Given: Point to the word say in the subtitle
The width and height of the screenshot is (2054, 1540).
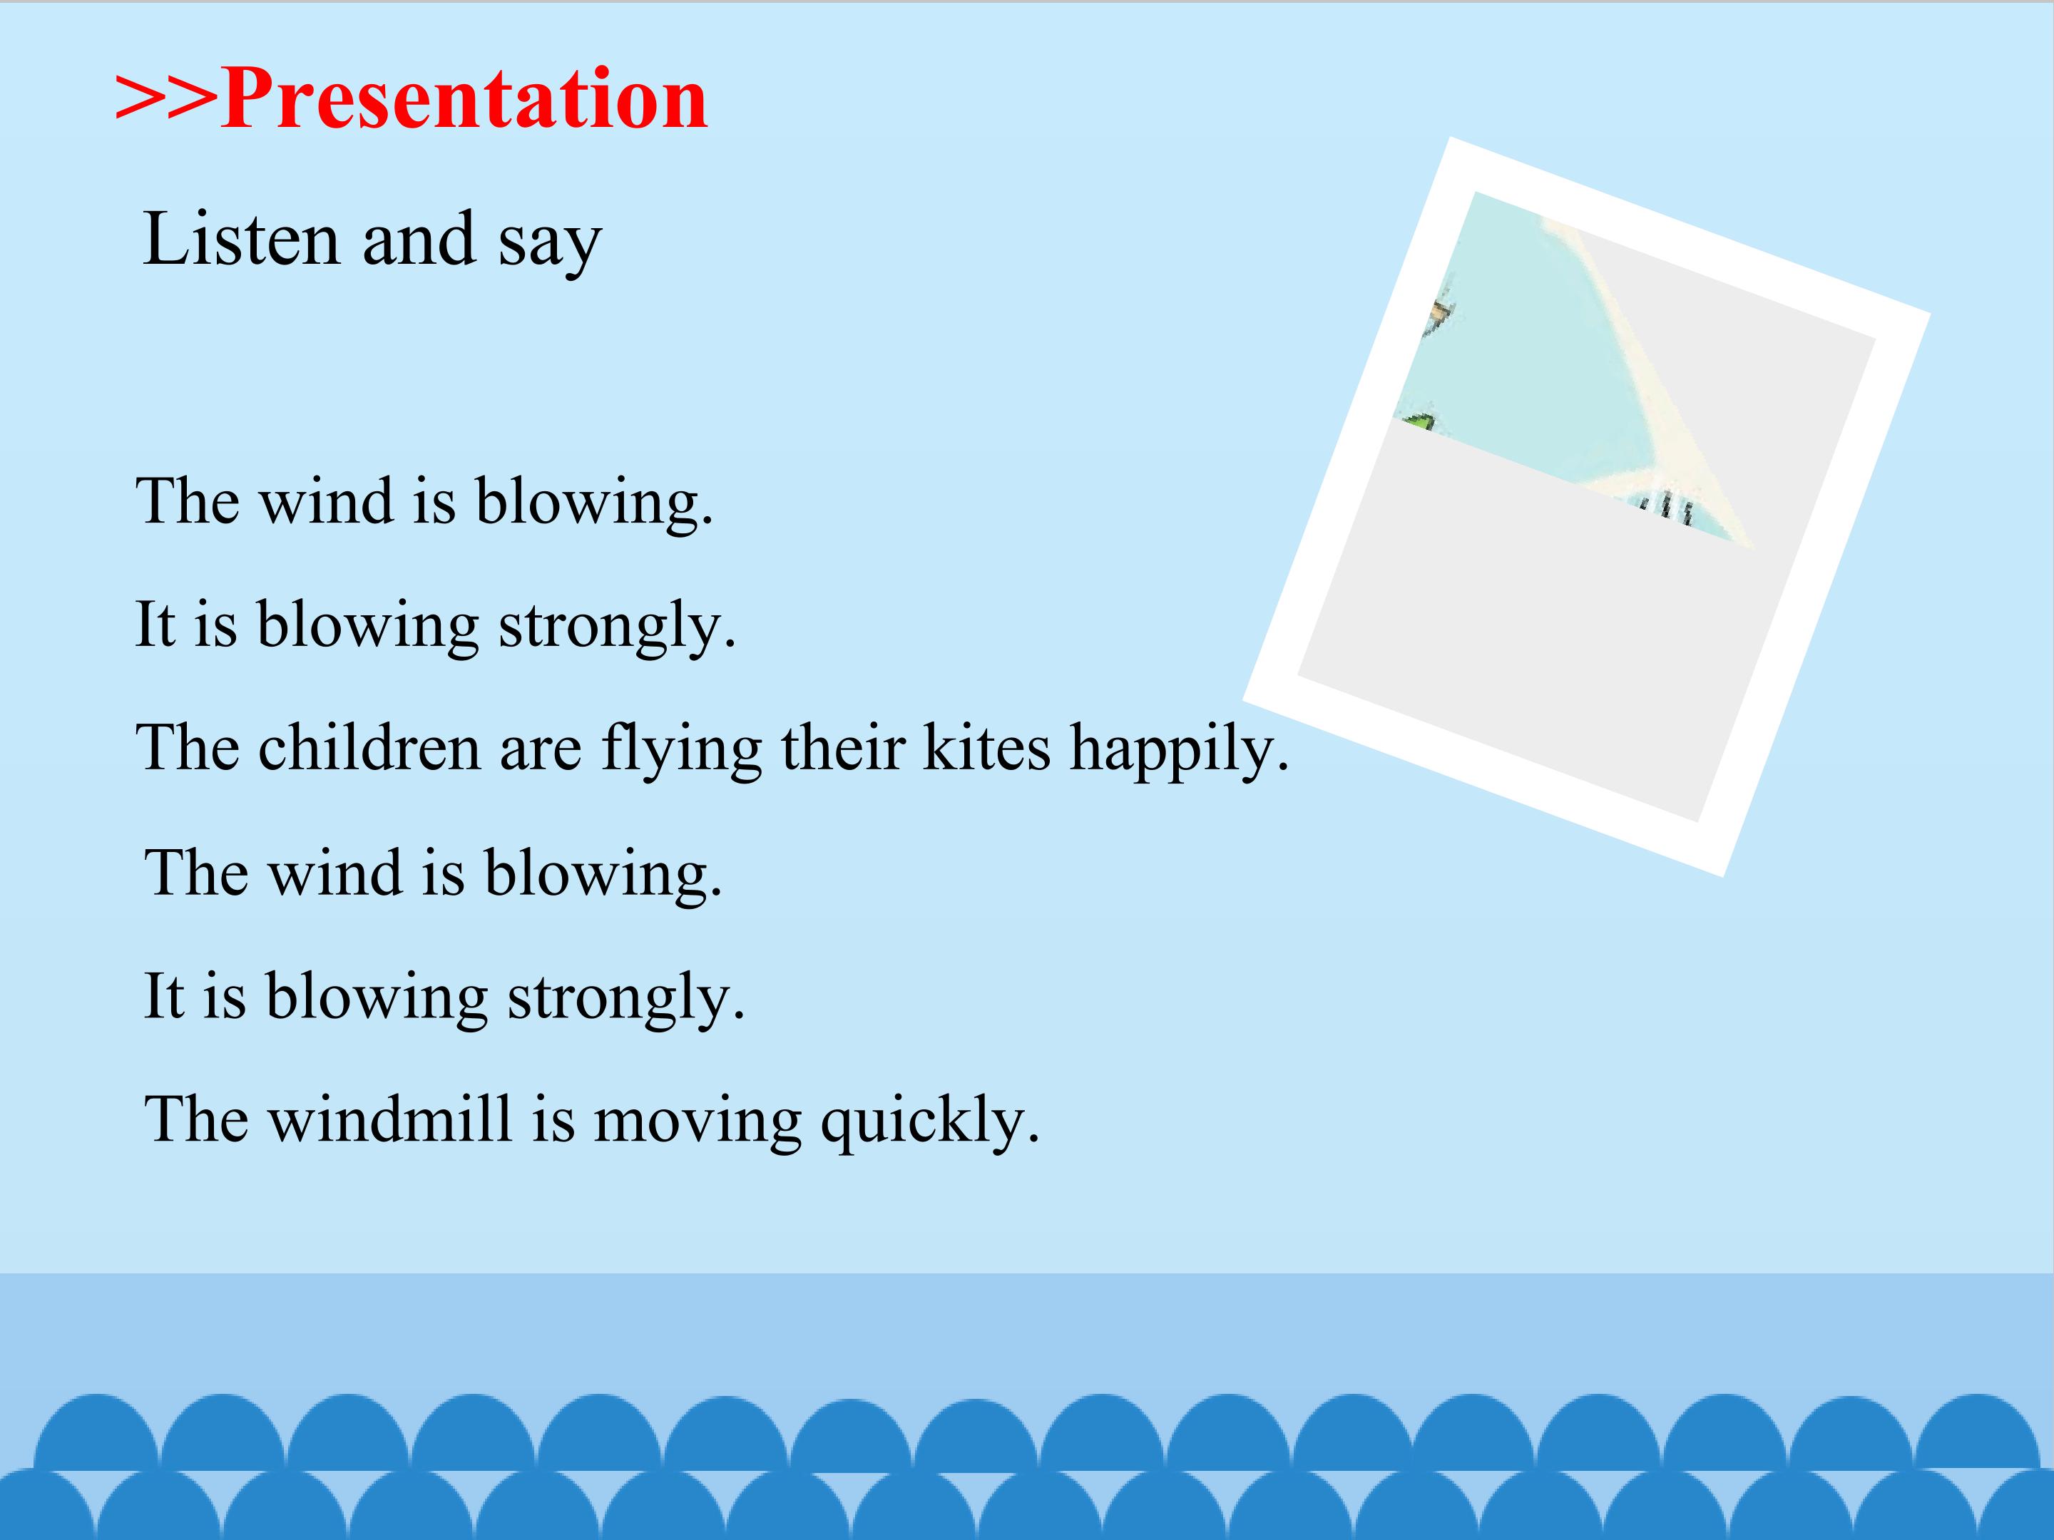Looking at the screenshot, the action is [x=550, y=243].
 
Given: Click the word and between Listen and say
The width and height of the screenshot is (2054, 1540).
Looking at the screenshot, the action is [x=419, y=239].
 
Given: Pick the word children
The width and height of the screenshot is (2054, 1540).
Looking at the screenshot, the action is [x=369, y=746].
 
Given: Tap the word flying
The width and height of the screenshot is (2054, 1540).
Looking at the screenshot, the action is [x=682, y=750].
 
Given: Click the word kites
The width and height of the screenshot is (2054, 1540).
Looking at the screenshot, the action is [x=986, y=746].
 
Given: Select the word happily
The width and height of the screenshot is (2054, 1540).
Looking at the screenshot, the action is [x=1172, y=750].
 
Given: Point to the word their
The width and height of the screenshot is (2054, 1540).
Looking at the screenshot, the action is [x=842, y=746].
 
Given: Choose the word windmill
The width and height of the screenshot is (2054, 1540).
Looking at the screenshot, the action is [x=390, y=1118].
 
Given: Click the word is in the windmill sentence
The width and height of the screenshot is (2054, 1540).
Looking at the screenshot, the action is [x=553, y=1119].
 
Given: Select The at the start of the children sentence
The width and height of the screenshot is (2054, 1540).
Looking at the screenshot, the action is [x=188, y=746].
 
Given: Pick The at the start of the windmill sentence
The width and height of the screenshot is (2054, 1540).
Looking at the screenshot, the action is [x=197, y=1118].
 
